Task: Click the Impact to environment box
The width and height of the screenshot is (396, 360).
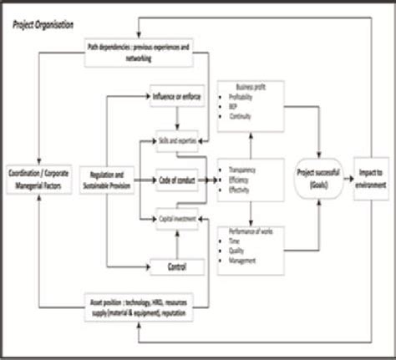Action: (x=373, y=177)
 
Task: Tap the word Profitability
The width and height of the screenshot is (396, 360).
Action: (x=249, y=98)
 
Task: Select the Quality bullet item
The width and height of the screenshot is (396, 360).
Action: (x=243, y=249)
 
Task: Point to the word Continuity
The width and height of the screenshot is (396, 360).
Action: (x=246, y=117)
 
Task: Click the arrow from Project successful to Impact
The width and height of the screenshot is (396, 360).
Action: (x=346, y=177)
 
